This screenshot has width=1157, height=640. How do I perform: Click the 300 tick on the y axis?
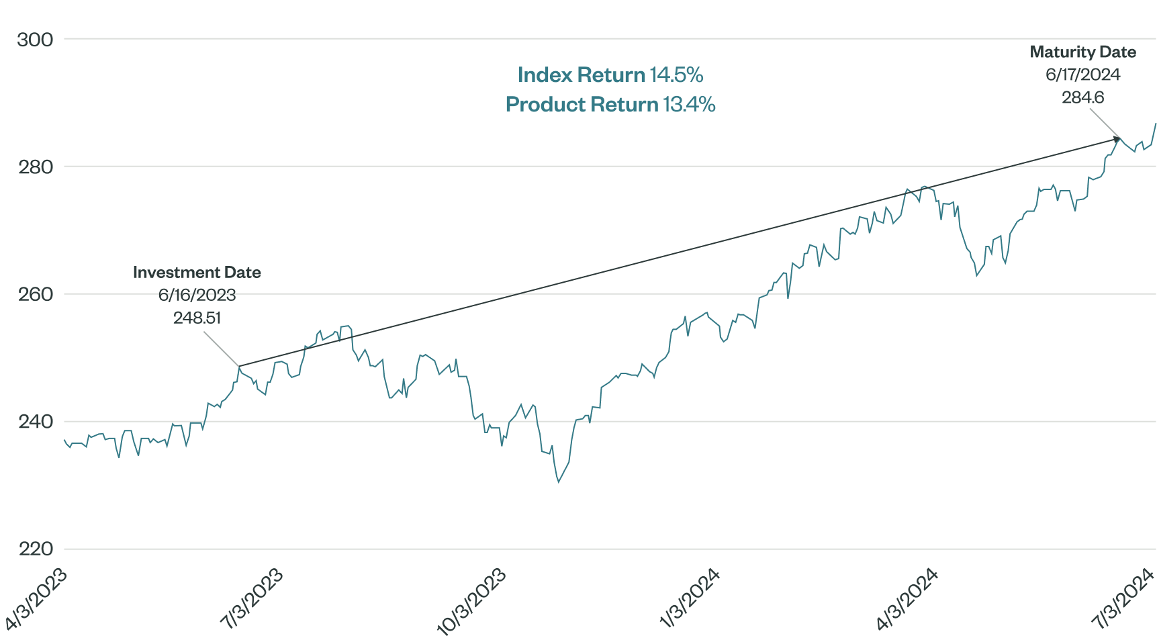point(35,40)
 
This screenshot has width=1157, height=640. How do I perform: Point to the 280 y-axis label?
point(35,167)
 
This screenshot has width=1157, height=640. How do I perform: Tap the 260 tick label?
point(35,294)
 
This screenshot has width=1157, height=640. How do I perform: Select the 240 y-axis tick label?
point(35,422)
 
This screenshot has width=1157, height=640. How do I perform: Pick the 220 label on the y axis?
point(35,549)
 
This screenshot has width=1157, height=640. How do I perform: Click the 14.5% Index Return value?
point(676,75)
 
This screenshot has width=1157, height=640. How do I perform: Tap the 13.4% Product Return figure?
point(689,105)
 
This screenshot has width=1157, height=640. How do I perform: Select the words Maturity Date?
point(1082,52)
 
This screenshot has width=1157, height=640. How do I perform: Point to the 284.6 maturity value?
point(1082,97)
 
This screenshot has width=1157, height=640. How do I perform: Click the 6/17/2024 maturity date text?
point(1082,75)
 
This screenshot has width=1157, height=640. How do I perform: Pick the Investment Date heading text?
point(197,273)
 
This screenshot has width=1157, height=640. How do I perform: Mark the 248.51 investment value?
point(197,318)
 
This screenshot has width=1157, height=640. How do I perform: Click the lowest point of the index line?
point(558,482)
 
